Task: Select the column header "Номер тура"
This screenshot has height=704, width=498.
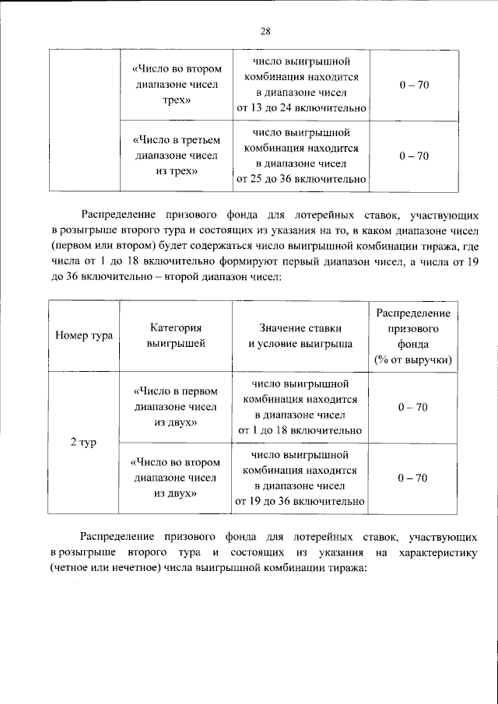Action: [84, 336]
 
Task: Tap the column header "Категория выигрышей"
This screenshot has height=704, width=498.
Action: [176, 336]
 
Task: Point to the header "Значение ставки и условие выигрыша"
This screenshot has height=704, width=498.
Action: [300, 336]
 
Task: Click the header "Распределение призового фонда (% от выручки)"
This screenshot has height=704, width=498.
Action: [412, 336]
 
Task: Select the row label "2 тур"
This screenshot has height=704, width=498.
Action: [84, 442]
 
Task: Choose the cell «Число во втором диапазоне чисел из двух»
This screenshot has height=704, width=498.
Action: [176, 478]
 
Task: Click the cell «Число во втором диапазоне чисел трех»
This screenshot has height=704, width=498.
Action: [176, 85]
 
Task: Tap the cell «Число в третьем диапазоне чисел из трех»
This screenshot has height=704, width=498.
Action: [176, 156]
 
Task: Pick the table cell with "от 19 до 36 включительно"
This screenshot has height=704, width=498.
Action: [300, 478]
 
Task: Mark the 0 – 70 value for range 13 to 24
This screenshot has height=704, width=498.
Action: [412, 85]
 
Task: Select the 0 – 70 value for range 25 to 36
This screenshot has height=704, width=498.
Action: [412, 156]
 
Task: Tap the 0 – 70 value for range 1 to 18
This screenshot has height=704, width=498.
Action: [412, 407]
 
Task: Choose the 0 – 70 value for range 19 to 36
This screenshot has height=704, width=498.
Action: [412, 478]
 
